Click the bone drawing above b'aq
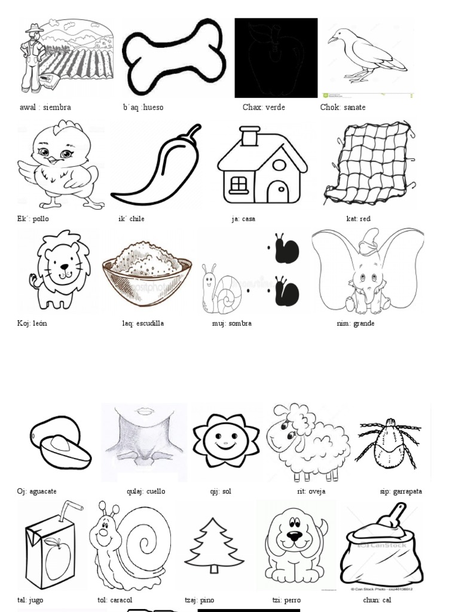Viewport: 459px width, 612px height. (174, 57)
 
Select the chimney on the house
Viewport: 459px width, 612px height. (250, 137)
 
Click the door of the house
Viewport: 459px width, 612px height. (277, 192)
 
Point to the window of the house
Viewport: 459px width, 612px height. (238, 184)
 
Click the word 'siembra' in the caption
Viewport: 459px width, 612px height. (57, 108)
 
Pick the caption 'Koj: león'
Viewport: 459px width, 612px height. (32, 323)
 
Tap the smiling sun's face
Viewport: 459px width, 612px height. (225, 440)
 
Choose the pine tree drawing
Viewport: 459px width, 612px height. (214, 546)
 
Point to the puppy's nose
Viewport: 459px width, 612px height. (295, 536)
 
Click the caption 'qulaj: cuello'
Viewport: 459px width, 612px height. (146, 491)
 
